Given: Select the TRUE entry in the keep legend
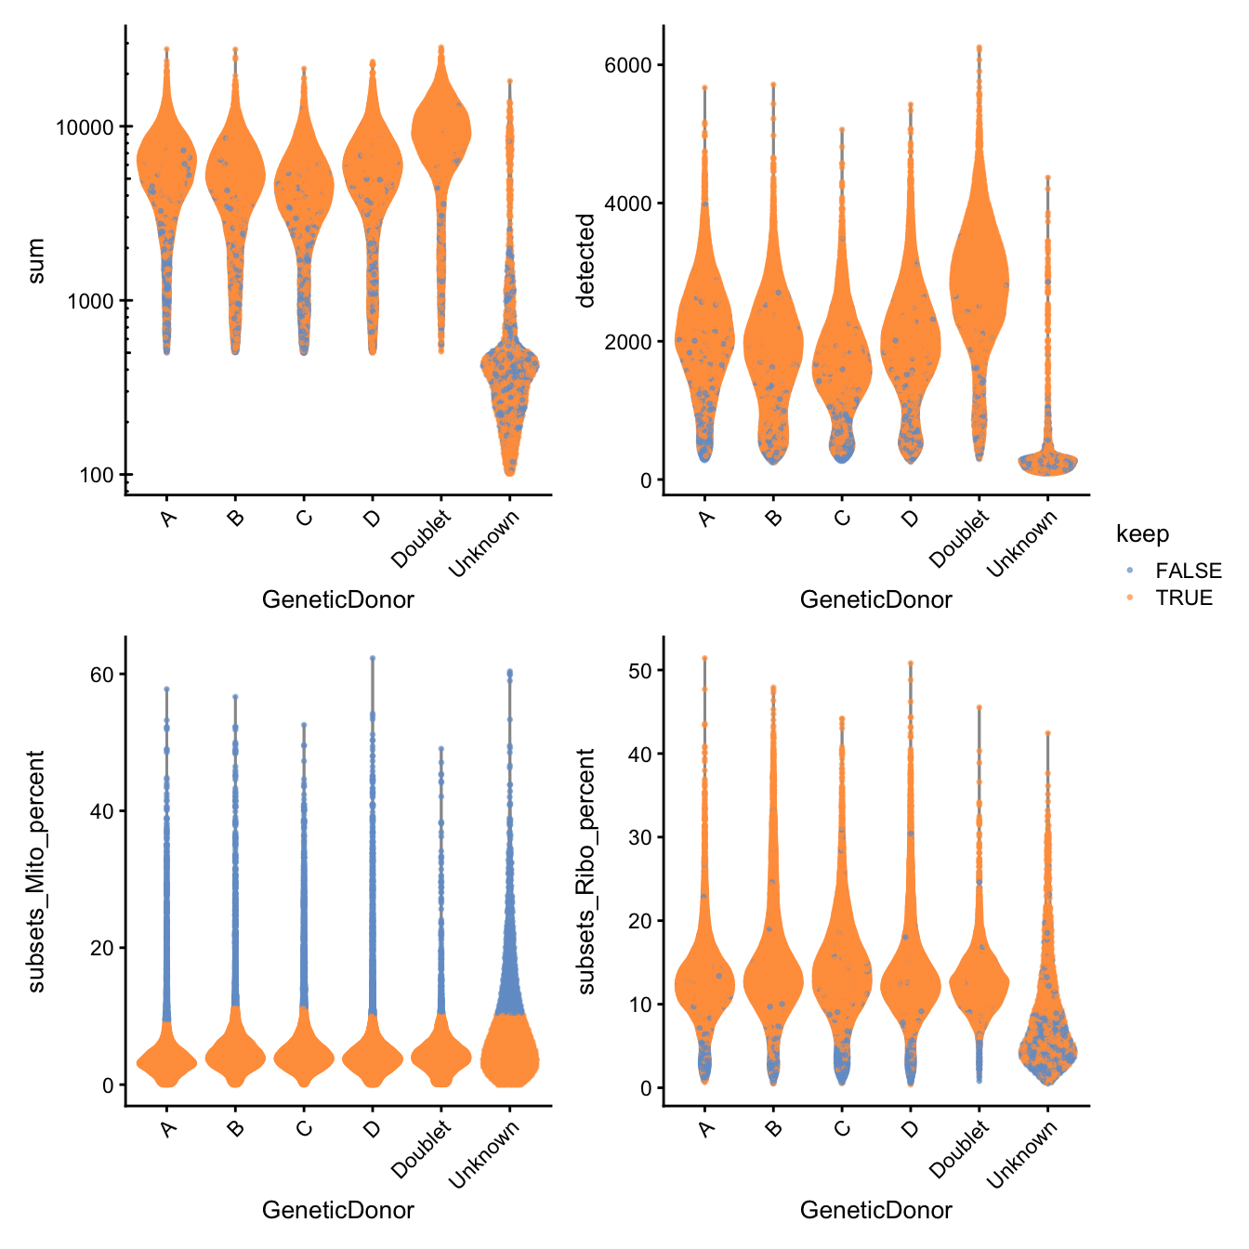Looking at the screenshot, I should click(x=1183, y=598).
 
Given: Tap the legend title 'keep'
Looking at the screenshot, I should click(x=1142, y=534).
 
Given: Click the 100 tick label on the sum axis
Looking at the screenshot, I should click(x=96, y=475).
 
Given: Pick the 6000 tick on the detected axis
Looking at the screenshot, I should click(x=627, y=65).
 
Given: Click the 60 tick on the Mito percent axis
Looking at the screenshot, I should click(x=101, y=675).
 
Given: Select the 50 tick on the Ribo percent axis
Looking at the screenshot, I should click(x=639, y=670).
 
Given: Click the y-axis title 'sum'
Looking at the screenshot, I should click(x=35, y=261).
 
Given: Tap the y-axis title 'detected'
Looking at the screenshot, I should click(x=585, y=260).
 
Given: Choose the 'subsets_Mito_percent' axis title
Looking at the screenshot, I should click(x=35, y=872).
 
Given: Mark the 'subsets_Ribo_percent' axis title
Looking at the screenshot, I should click(x=585, y=872).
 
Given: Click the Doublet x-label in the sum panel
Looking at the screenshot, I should click(x=422, y=539).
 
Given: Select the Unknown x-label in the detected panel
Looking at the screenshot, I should click(x=1023, y=545).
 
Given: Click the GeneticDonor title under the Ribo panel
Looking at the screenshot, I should click(x=875, y=1210).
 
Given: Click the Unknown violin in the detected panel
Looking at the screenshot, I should click(x=1047, y=460).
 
